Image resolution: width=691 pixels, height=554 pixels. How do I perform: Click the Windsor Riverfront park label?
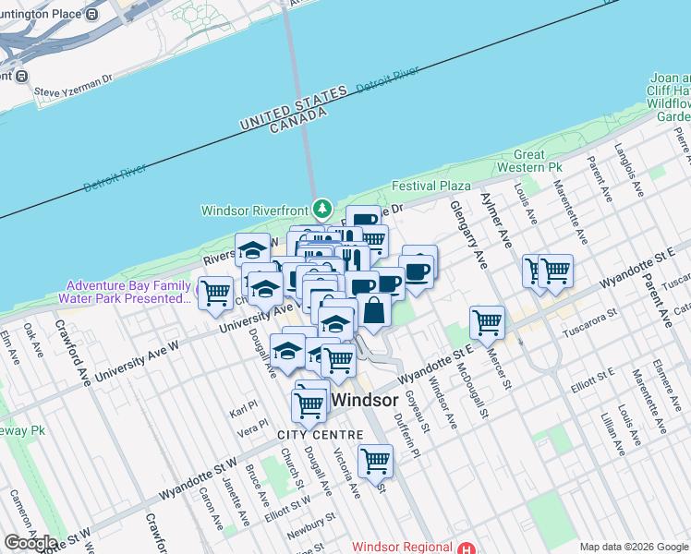click(x=256, y=210)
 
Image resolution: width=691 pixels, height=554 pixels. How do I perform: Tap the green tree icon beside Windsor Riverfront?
click(x=321, y=210)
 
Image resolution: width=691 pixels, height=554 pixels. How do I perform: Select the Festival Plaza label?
click(x=431, y=186)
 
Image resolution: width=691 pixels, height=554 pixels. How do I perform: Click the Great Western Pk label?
click(x=529, y=161)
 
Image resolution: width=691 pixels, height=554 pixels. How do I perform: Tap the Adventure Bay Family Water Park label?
click(x=128, y=292)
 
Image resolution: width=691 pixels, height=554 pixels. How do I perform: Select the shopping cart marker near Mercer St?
click(x=487, y=322)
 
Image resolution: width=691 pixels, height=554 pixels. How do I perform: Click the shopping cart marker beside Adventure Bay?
click(x=215, y=293)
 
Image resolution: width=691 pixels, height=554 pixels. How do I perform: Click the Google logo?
click(x=30, y=543)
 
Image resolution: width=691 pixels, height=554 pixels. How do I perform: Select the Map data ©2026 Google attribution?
click(x=634, y=548)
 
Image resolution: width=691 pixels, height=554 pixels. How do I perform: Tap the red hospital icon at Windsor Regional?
click(x=467, y=547)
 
